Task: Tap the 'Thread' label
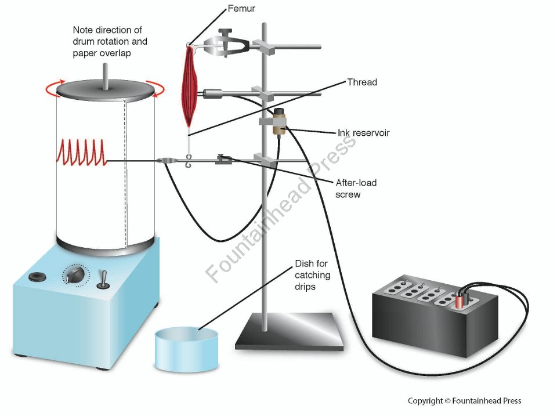tap(361, 82)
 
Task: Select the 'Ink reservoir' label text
tap(363, 133)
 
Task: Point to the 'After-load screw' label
tap(356, 189)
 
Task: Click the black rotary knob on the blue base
tap(76, 274)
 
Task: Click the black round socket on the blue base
tap(39, 277)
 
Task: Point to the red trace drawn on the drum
tap(81, 153)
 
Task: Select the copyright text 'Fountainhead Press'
tap(464, 400)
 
